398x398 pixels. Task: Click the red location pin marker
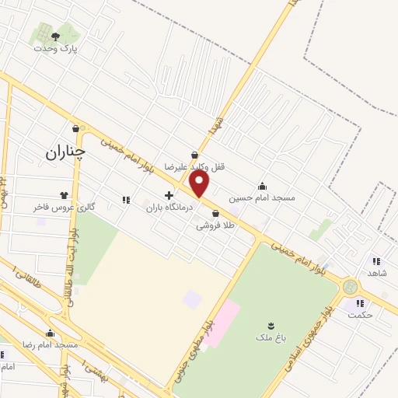[200, 184]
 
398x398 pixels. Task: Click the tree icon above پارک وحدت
[54, 35]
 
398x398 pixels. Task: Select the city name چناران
[63, 154]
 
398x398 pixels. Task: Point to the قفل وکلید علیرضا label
[194, 166]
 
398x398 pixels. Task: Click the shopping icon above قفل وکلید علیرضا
[194, 155]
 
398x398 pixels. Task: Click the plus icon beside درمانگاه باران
[169, 194]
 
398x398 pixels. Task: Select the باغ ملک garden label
[271, 338]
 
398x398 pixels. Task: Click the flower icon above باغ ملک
[271, 325]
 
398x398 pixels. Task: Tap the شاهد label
[377, 274]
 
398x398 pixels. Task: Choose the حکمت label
[361, 315]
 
